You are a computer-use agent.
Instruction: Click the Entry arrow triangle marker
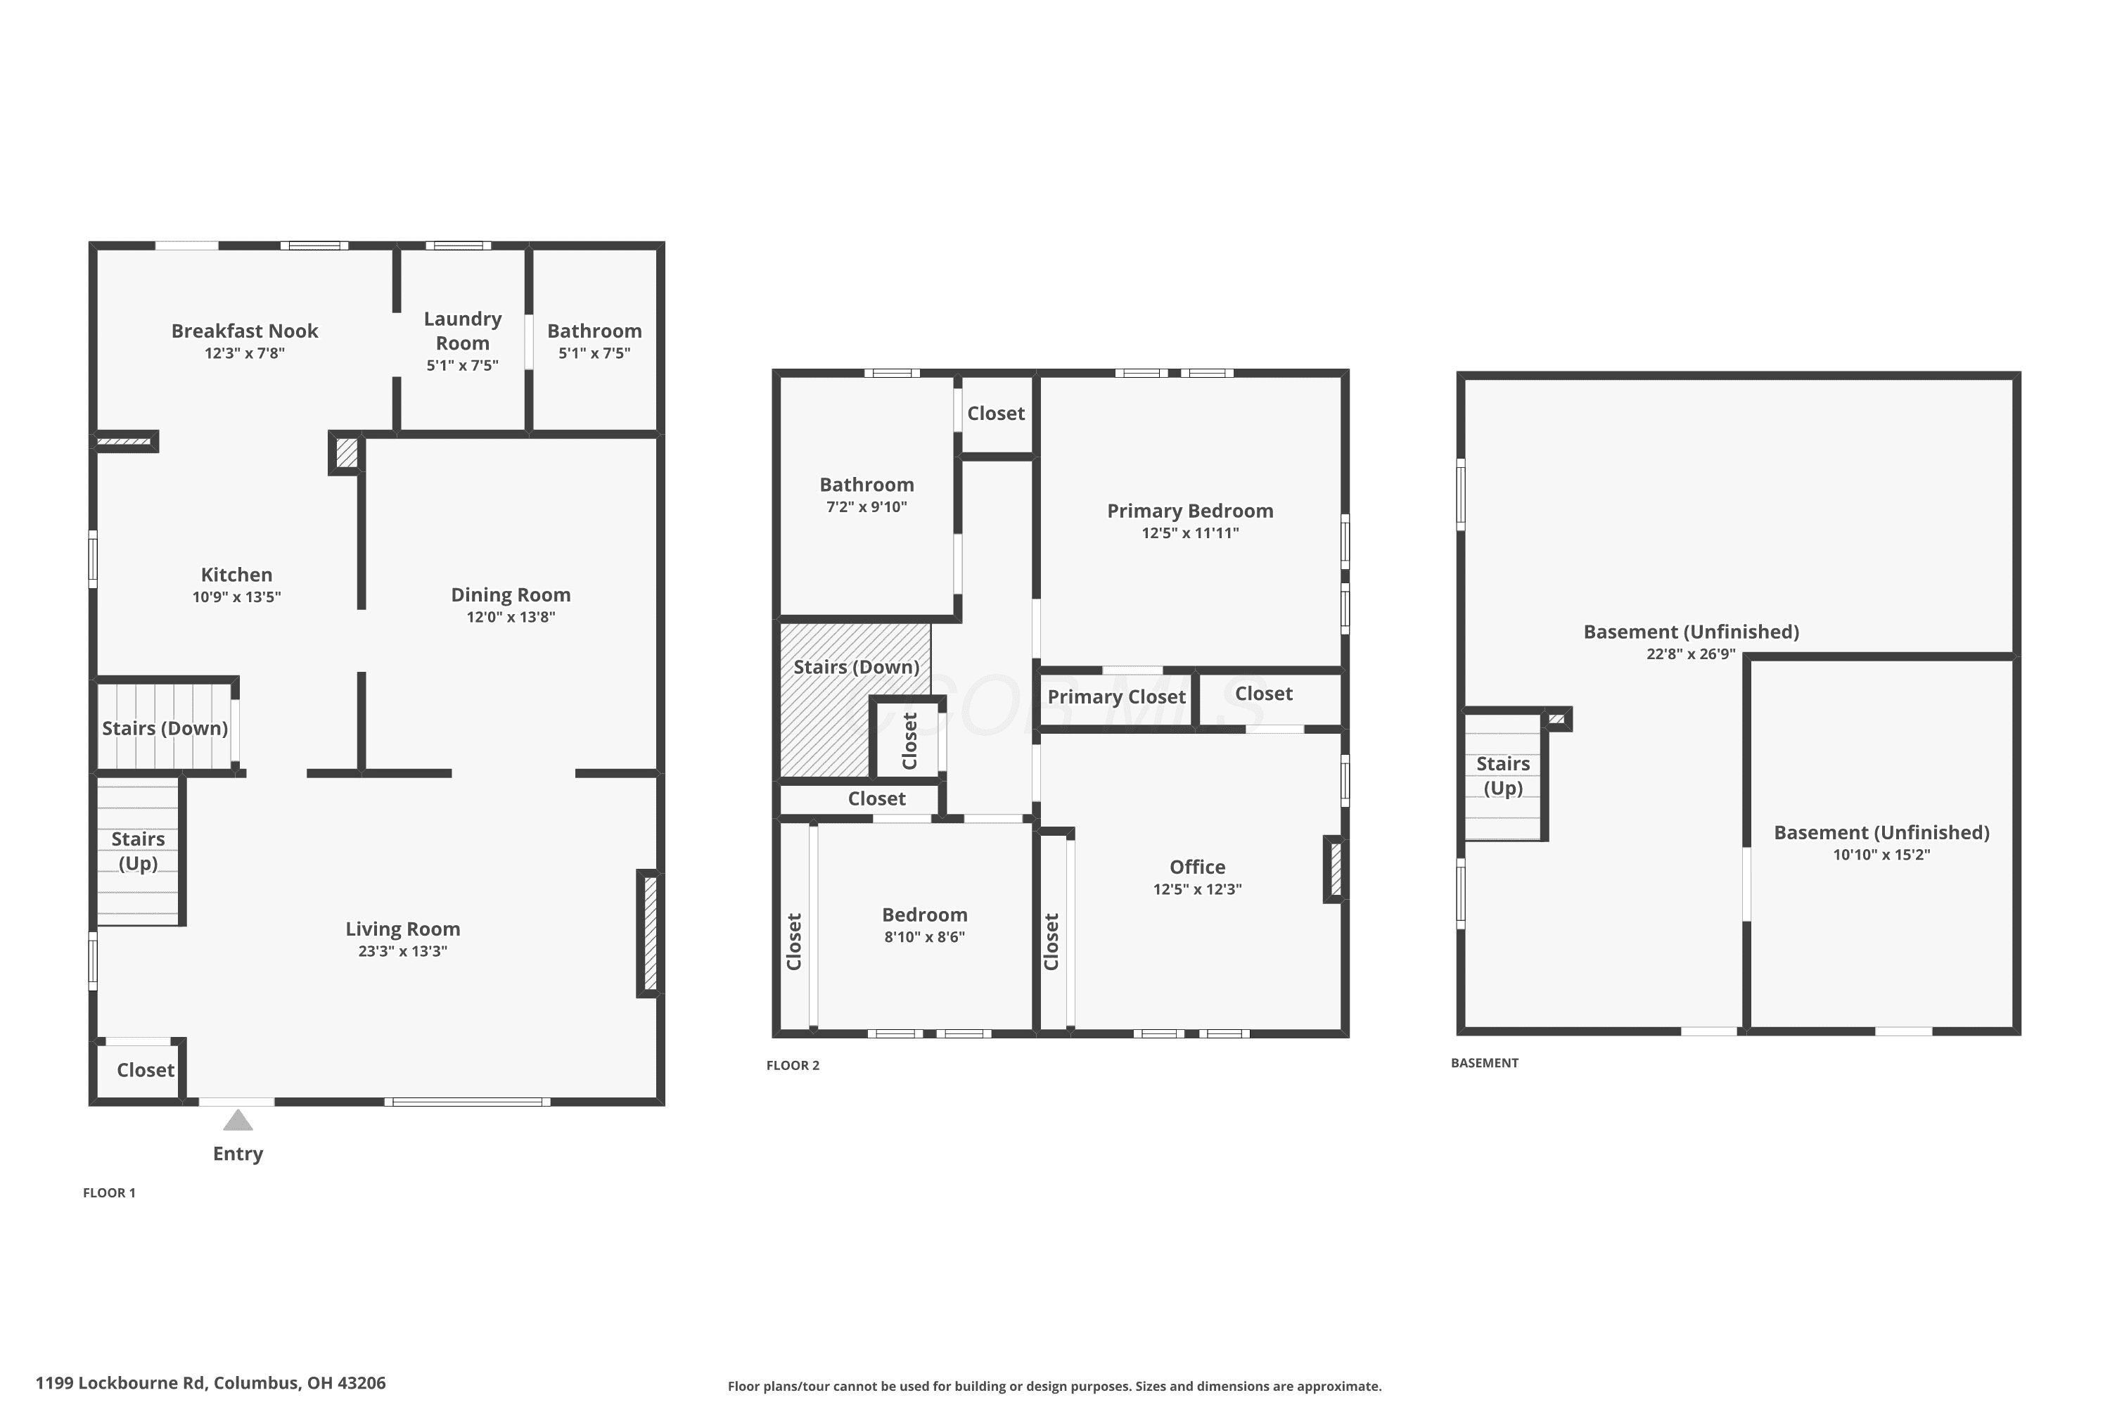(x=238, y=1120)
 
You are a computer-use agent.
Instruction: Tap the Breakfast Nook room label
(x=245, y=331)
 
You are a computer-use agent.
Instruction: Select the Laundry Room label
(x=463, y=331)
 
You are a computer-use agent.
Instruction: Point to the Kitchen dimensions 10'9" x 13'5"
(x=237, y=597)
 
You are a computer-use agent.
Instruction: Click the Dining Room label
(x=511, y=595)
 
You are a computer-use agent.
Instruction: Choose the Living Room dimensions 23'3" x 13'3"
(x=403, y=951)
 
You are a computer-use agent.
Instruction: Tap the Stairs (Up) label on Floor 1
(x=138, y=851)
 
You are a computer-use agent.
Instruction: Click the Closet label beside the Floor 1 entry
(x=146, y=1071)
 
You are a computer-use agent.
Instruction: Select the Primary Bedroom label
(x=1191, y=511)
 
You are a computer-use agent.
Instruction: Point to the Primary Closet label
(x=1117, y=697)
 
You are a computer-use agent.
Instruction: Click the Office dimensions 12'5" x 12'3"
(x=1198, y=889)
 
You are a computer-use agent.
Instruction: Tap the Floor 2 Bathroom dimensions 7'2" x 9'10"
(x=867, y=507)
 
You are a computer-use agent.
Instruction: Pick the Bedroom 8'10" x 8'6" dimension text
(x=925, y=937)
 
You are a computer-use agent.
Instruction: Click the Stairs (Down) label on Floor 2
(x=857, y=668)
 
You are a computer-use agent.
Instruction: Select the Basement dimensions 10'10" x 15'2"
(x=1882, y=854)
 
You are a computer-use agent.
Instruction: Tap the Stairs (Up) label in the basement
(x=1504, y=776)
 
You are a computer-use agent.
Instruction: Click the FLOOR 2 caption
(x=793, y=1066)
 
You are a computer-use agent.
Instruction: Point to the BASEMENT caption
(x=1485, y=1063)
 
